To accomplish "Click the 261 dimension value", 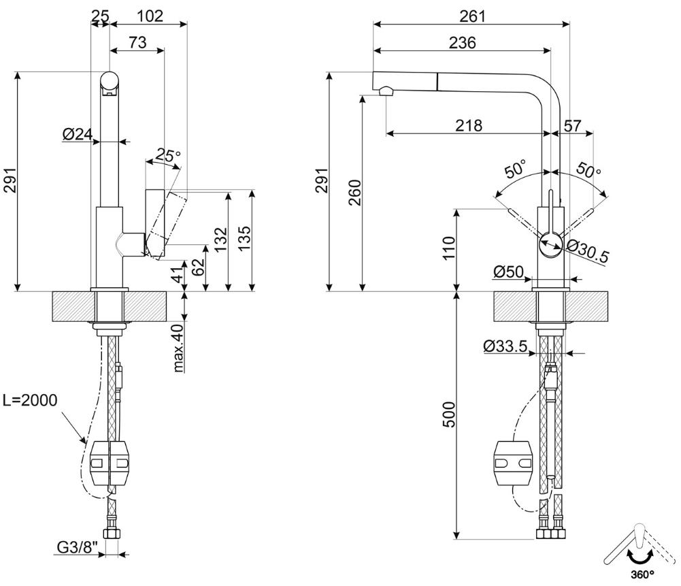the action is pos(472,16).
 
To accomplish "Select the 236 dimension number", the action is pos(462,43).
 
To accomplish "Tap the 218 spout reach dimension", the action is pos(469,125).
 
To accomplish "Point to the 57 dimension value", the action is pos(572,125).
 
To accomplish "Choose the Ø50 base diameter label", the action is pos(509,272).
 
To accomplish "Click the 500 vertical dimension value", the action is pos(450,414).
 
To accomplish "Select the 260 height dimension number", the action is pos(355,193).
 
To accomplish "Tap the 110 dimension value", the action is pos(448,248).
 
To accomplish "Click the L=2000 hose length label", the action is pos(30,400).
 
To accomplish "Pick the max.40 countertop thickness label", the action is pos(179,348).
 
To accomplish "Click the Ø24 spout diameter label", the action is pos(78,134).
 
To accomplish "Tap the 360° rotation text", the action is pos(643,574).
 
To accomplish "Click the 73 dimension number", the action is pos(137,43).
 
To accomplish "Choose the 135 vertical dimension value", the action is pos(244,238).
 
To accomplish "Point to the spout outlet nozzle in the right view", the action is pos(386,91).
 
